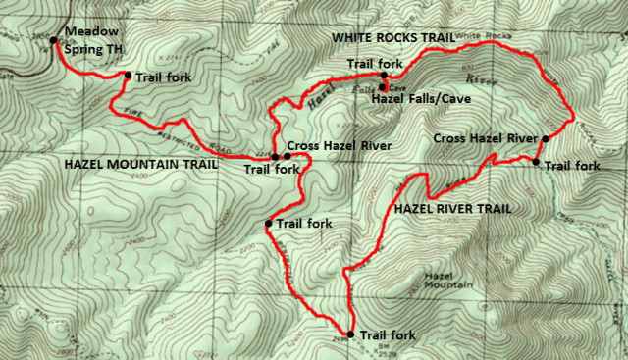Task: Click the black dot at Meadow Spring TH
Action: coord(53,40)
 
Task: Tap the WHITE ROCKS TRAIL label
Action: coord(393,37)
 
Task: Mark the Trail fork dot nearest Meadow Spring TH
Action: coord(128,75)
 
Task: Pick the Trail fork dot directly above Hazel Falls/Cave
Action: coord(385,75)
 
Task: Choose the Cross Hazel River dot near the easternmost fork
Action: coord(545,139)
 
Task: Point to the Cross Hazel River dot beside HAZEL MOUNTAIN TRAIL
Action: coord(287,156)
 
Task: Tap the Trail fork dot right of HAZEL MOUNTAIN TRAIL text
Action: coord(275,157)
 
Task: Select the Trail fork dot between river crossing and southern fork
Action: coord(268,224)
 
